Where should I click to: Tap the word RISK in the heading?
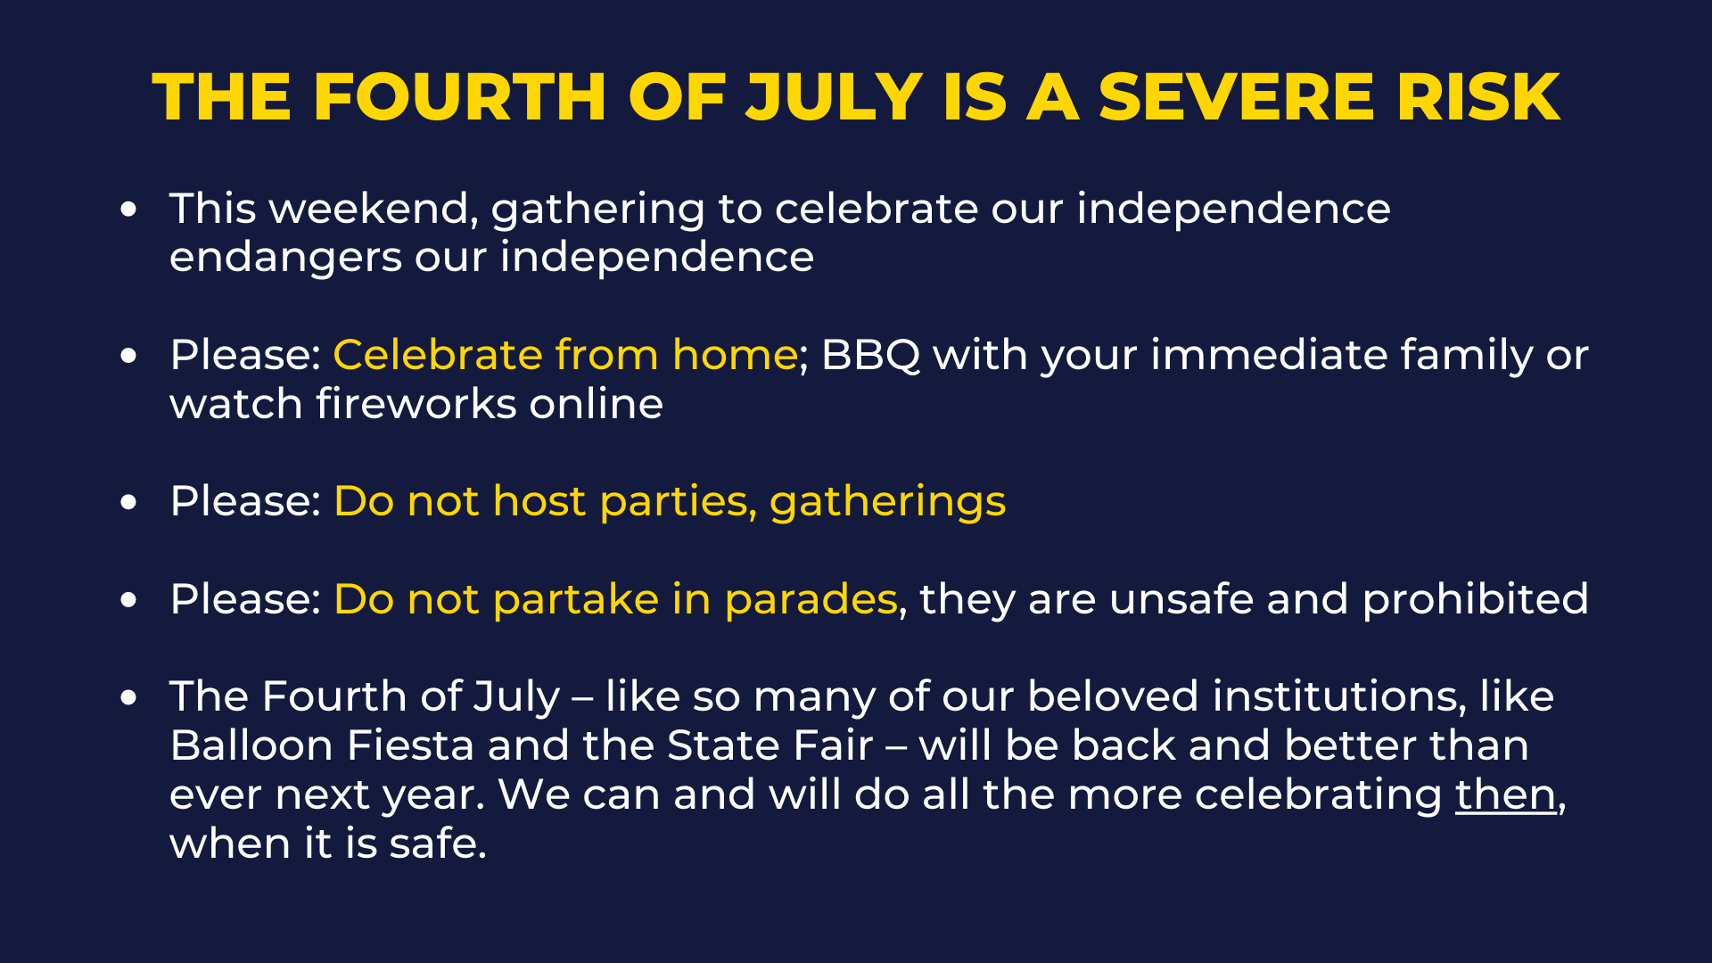[1479, 96]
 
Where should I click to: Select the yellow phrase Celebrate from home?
[565, 355]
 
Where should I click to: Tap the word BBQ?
[870, 356]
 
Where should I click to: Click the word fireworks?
[416, 404]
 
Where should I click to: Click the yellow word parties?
[679, 502]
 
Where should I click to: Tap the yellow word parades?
[811, 600]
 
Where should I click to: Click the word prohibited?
[1476, 599]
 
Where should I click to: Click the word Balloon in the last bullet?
[251, 745]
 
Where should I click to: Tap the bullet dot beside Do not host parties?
[129, 502]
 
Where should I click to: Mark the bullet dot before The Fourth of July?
[129, 697]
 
